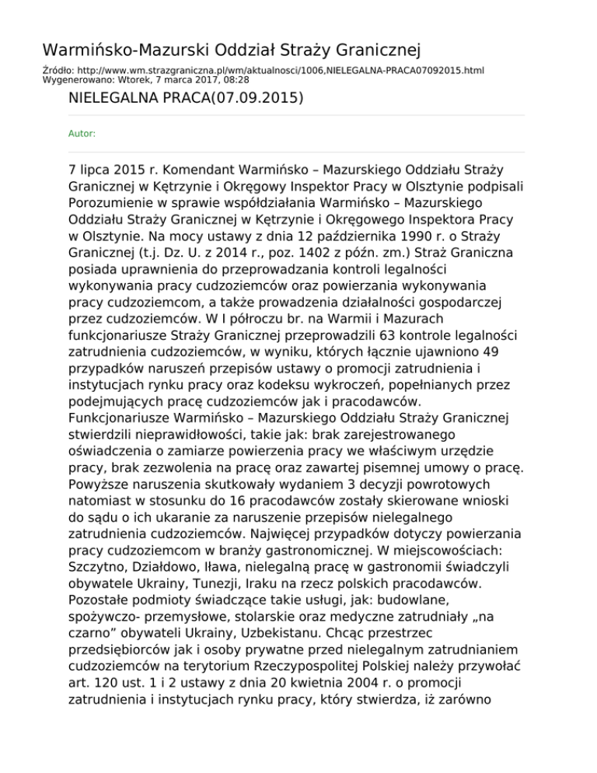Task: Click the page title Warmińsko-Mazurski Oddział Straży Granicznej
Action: [x=232, y=51]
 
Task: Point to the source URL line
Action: [x=263, y=70]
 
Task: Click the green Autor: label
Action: [x=82, y=134]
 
